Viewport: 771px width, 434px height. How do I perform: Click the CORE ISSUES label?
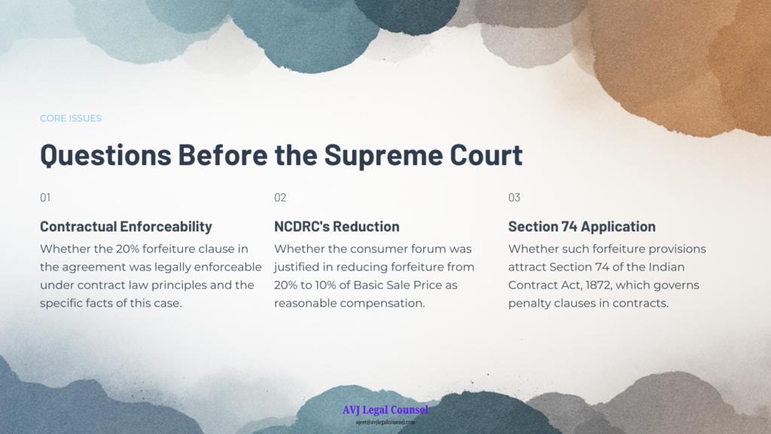point(71,118)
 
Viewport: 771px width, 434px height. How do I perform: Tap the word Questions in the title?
point(105,155)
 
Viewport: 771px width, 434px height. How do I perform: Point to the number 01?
point(45,197)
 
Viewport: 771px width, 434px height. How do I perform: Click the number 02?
point(280,197)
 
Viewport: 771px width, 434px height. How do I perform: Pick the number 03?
point(514,197)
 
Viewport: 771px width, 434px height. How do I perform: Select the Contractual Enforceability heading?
point(126,226)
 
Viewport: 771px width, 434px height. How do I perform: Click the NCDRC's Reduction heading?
point(337,226)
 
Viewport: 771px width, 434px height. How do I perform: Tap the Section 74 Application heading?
point(582,226)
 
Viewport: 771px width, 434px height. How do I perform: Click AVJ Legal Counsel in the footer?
point(385,409)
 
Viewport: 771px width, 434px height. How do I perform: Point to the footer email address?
point(385,422)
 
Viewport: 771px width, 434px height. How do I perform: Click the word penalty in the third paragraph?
point(528,304)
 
